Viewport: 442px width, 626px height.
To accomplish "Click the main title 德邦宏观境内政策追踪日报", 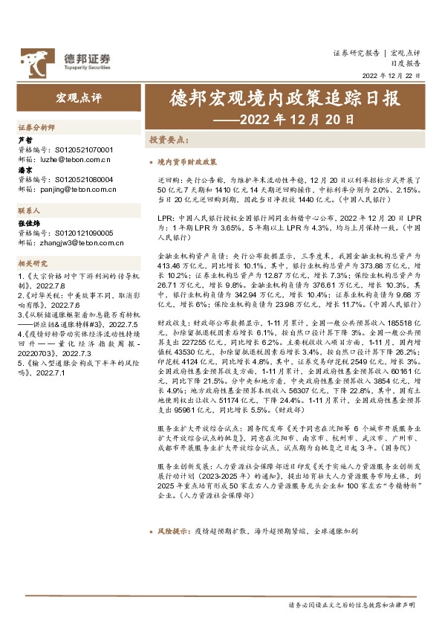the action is click(286, 99).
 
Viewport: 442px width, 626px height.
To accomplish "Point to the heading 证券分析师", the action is click(36, 128).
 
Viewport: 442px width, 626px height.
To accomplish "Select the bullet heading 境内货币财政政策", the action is click(187, 161).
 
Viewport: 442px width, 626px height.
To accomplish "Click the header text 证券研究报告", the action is click(356, 54).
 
